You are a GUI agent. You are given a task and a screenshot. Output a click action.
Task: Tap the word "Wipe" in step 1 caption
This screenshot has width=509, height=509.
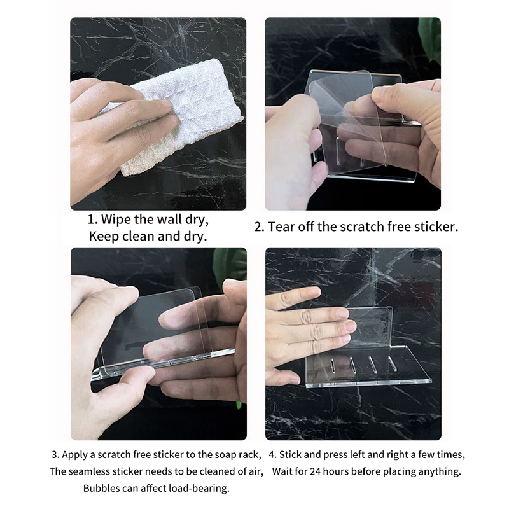click(116, 220)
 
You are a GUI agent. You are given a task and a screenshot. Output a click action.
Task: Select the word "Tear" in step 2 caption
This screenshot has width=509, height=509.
click(281, 227)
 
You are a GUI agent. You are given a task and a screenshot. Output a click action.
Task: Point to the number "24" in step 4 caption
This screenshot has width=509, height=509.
click(315, 471)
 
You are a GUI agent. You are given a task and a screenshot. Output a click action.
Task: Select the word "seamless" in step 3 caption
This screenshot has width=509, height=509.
click(89, 471)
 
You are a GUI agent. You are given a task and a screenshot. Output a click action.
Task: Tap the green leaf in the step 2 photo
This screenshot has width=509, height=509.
click(430, 38)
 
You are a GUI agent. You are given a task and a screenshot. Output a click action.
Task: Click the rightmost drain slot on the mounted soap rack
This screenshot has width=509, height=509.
click(392, 364)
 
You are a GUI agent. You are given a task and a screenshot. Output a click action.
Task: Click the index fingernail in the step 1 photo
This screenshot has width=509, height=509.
click(166, 104)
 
